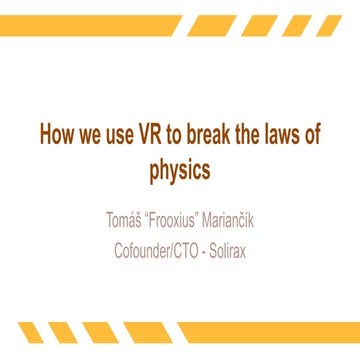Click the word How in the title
pyautogui.click(x=56, y=137)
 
